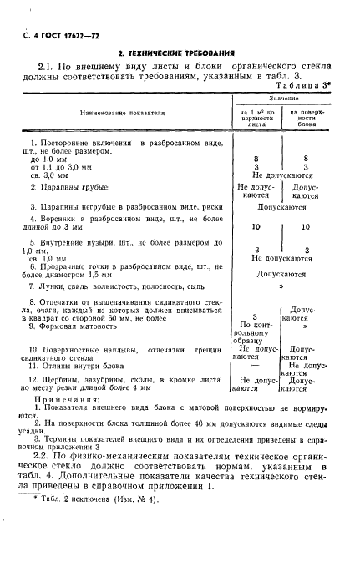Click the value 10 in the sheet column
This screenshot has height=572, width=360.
click(256, 226)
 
